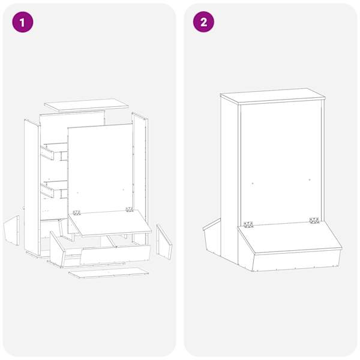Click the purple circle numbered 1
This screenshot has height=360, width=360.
[23, 22]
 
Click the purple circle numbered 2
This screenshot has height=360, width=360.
[203, 22]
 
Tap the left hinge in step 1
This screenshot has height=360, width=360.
[77, 212]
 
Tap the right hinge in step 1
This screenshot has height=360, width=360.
[130, 209]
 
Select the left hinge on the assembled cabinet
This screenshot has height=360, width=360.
[248, 224]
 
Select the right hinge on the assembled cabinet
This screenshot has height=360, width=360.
[314, 220]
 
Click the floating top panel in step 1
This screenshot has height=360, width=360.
[86, 105]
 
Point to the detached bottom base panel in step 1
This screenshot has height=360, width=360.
[109, 272]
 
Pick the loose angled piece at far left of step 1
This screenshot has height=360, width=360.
[12, 230]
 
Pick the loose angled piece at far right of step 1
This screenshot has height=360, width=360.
[164, 242]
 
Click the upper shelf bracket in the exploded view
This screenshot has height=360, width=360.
[54, 151]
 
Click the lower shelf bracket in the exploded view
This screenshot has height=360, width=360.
[54, 190]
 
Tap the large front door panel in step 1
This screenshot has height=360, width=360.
[100, 169]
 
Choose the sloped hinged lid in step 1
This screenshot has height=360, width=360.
[110, 223]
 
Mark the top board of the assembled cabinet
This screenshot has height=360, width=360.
[273, 96]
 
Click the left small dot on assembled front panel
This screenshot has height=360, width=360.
[253, 184]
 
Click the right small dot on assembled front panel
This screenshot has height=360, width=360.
[310, 180]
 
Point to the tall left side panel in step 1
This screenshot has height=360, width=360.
[32, 187]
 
